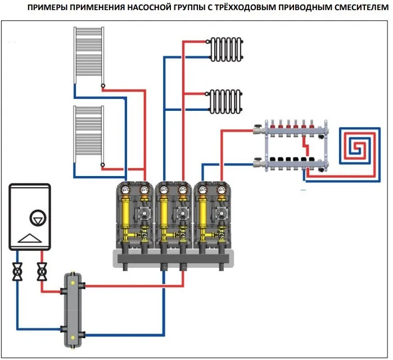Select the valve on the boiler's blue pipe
17,272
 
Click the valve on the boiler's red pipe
42,272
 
